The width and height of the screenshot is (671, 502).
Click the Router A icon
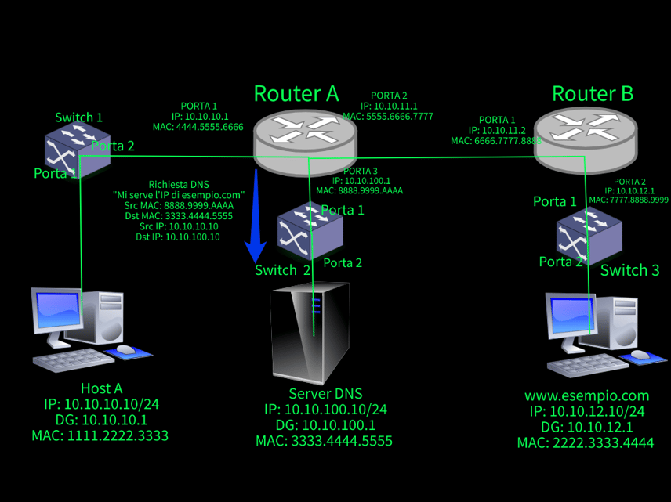click(305, 142)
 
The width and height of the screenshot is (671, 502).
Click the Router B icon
click(586, 140)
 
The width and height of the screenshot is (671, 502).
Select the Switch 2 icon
click(310, 232)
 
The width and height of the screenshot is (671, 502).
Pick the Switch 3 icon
click(589, 235)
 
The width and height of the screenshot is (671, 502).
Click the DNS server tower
click(310, 333)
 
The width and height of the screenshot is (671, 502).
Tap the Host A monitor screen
click(58, 310)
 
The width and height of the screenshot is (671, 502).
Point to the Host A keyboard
click(74, 360)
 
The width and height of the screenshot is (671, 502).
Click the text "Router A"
click(296, 93)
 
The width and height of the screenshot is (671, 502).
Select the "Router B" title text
click(593, 93)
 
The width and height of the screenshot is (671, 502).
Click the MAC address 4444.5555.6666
click(210, 127)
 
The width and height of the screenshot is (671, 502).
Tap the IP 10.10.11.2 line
click(497, 131)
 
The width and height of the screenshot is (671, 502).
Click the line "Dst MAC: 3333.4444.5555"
click(179, 216)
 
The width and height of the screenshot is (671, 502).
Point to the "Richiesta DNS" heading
click(179, 185)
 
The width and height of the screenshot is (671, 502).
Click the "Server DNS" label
click(325, 393)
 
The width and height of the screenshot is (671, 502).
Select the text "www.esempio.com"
click(586, 396)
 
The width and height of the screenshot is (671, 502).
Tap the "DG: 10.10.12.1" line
click(586, 427)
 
